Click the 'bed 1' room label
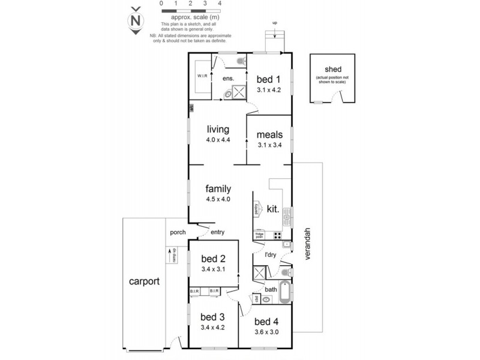tap(268, 79)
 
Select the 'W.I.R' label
tap(202, 76)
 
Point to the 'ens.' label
tap(228, 79)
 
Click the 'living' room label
tap(218, 129)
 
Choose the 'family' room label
tap(218, 188)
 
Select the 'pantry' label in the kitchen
tap(256, 209)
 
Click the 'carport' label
tap(144, 281)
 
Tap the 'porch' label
tap(177, 232)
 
